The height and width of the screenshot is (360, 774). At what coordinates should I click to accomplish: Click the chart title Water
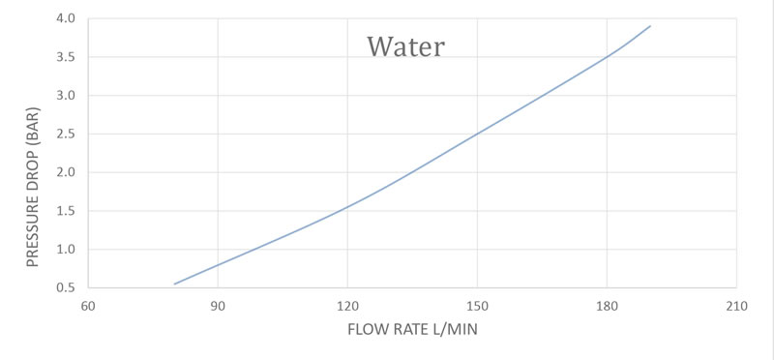pyautogui.click(x=405, y=46)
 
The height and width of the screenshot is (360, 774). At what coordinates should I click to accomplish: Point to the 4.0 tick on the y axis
pyautogui.click(x=67, y=18)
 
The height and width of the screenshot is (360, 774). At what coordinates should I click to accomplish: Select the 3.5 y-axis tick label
pyautogui.click(x=67, y=57)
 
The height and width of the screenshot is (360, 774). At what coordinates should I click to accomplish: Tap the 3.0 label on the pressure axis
pyautogui.click(x=67, y=95)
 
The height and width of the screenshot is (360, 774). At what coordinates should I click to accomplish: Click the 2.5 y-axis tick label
pyautogui.click(x=67, y=134)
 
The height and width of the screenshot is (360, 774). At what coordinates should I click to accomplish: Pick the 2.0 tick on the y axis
pyautogui.click(x=67, y=172)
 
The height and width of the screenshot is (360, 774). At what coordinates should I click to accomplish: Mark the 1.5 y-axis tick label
pyautogui.click(x=67, y=211)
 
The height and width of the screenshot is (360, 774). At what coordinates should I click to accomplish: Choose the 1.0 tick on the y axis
pyautogui.click(x=67, y=250)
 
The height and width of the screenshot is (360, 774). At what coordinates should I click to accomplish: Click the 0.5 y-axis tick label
pyautogui.click(x=67, y=287)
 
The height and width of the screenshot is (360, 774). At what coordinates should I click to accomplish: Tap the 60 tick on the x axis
pyautogui.click(x=88, y=306)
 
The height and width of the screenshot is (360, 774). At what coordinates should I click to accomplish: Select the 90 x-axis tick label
pyautogui.click(x=218, y=306)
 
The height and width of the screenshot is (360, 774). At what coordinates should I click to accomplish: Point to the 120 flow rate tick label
pyautogui.click(x=347, y=306)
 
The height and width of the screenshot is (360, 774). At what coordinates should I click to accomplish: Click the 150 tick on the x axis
pyautogui.click(x=477, y=306)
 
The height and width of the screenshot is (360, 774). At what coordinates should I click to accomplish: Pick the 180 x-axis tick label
pyautogui.click(x=607, y=306)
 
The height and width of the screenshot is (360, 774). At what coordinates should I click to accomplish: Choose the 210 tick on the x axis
pyautogui.click(x=736, y=306)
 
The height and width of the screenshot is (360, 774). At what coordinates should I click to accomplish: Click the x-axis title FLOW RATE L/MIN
pyautogui.click(x=413, y=329)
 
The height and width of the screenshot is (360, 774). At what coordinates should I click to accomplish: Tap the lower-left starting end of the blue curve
pyautogui.click(x=175, y=284)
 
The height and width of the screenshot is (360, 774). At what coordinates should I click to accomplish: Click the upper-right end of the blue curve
pyautogui.click(x=650, y=26)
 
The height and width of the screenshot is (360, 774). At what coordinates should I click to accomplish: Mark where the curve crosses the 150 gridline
pyautogui.click(x=477, y=134)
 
